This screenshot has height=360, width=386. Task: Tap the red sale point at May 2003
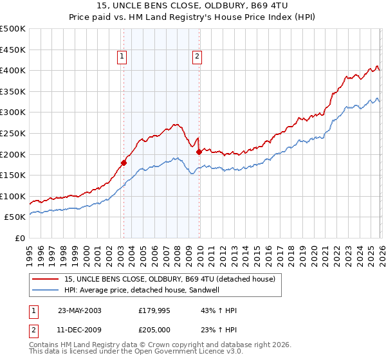(x=124, y=163)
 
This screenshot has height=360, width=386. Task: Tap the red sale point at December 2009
(x=199, y=152)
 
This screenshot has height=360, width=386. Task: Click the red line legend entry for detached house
(x=170, y=279)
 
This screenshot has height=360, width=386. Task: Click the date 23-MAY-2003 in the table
(x=80, y=310)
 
